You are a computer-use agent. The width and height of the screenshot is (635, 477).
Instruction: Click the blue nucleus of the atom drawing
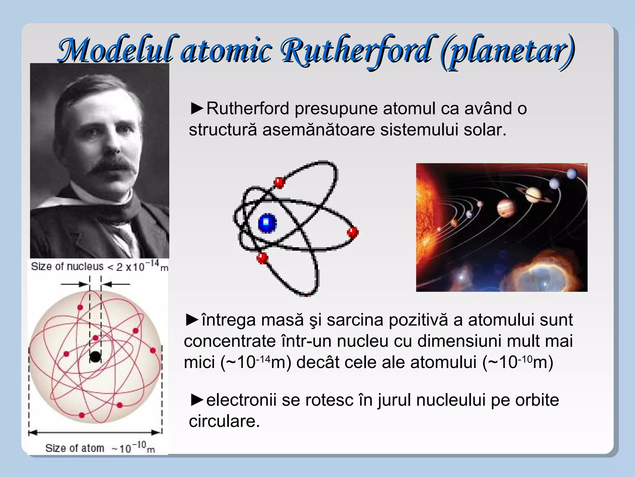(x=267, y=223)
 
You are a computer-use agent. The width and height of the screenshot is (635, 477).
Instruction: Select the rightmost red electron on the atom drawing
(x=353, y=232)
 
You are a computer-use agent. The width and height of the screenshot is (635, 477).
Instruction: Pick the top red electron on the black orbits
(x=279, y=182)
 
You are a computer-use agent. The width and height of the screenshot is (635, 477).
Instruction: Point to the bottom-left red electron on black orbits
(x=262, y=258)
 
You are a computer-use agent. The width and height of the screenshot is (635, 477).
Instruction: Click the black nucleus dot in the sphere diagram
(x=95, y=357)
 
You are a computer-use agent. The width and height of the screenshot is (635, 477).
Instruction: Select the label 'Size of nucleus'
(x=67, y=266)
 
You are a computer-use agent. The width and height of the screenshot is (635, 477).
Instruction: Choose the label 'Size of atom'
(x=75, y=448)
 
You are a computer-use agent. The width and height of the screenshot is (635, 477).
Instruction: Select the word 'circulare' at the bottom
(x=224, y=421)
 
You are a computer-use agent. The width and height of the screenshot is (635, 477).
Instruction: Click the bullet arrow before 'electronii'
(x=197, y=400)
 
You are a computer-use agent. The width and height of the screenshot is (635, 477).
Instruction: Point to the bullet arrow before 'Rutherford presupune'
(x=197, y=108)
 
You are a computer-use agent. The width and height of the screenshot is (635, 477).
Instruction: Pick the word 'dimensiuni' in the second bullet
(x=459, y=341)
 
